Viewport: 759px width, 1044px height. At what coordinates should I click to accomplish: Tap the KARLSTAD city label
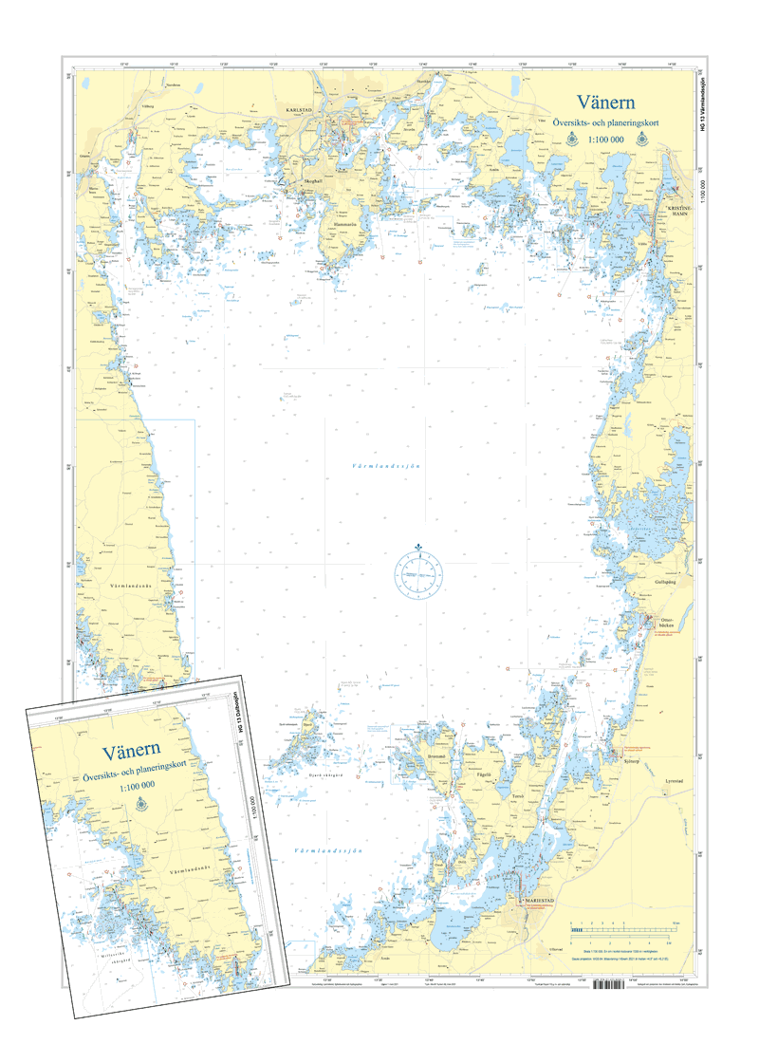pos(299,111)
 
